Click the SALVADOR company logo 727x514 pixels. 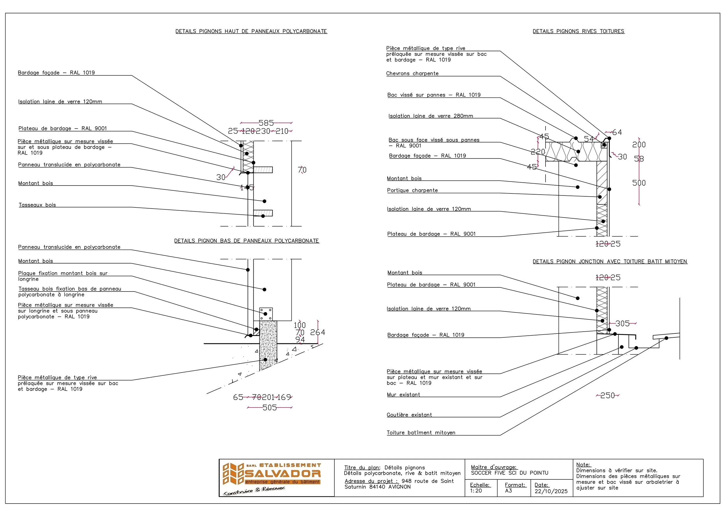[272, 478]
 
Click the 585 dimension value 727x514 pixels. [266, 123]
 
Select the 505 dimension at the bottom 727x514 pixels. [270, 408]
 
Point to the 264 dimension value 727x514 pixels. [318, 332]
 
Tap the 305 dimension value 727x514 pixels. [622, 323]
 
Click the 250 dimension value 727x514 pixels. [607, 395]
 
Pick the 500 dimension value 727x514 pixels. [639, 183]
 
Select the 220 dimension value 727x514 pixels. [538, 152]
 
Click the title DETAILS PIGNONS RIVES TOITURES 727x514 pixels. [578, 31]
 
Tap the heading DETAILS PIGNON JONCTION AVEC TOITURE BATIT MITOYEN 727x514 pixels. [610, 262]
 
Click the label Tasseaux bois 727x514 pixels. [37, 205]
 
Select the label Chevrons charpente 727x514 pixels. [412, 74]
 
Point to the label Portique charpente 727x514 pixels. [412, 190]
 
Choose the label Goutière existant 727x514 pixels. [409, 415]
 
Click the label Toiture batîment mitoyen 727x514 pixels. [421, 433]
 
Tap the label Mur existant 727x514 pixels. [403, 395]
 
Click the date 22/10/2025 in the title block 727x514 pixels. [551, 491]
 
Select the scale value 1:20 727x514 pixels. [476, 490]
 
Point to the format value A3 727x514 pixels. [508, 490]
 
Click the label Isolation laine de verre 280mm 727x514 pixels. [431, 116]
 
